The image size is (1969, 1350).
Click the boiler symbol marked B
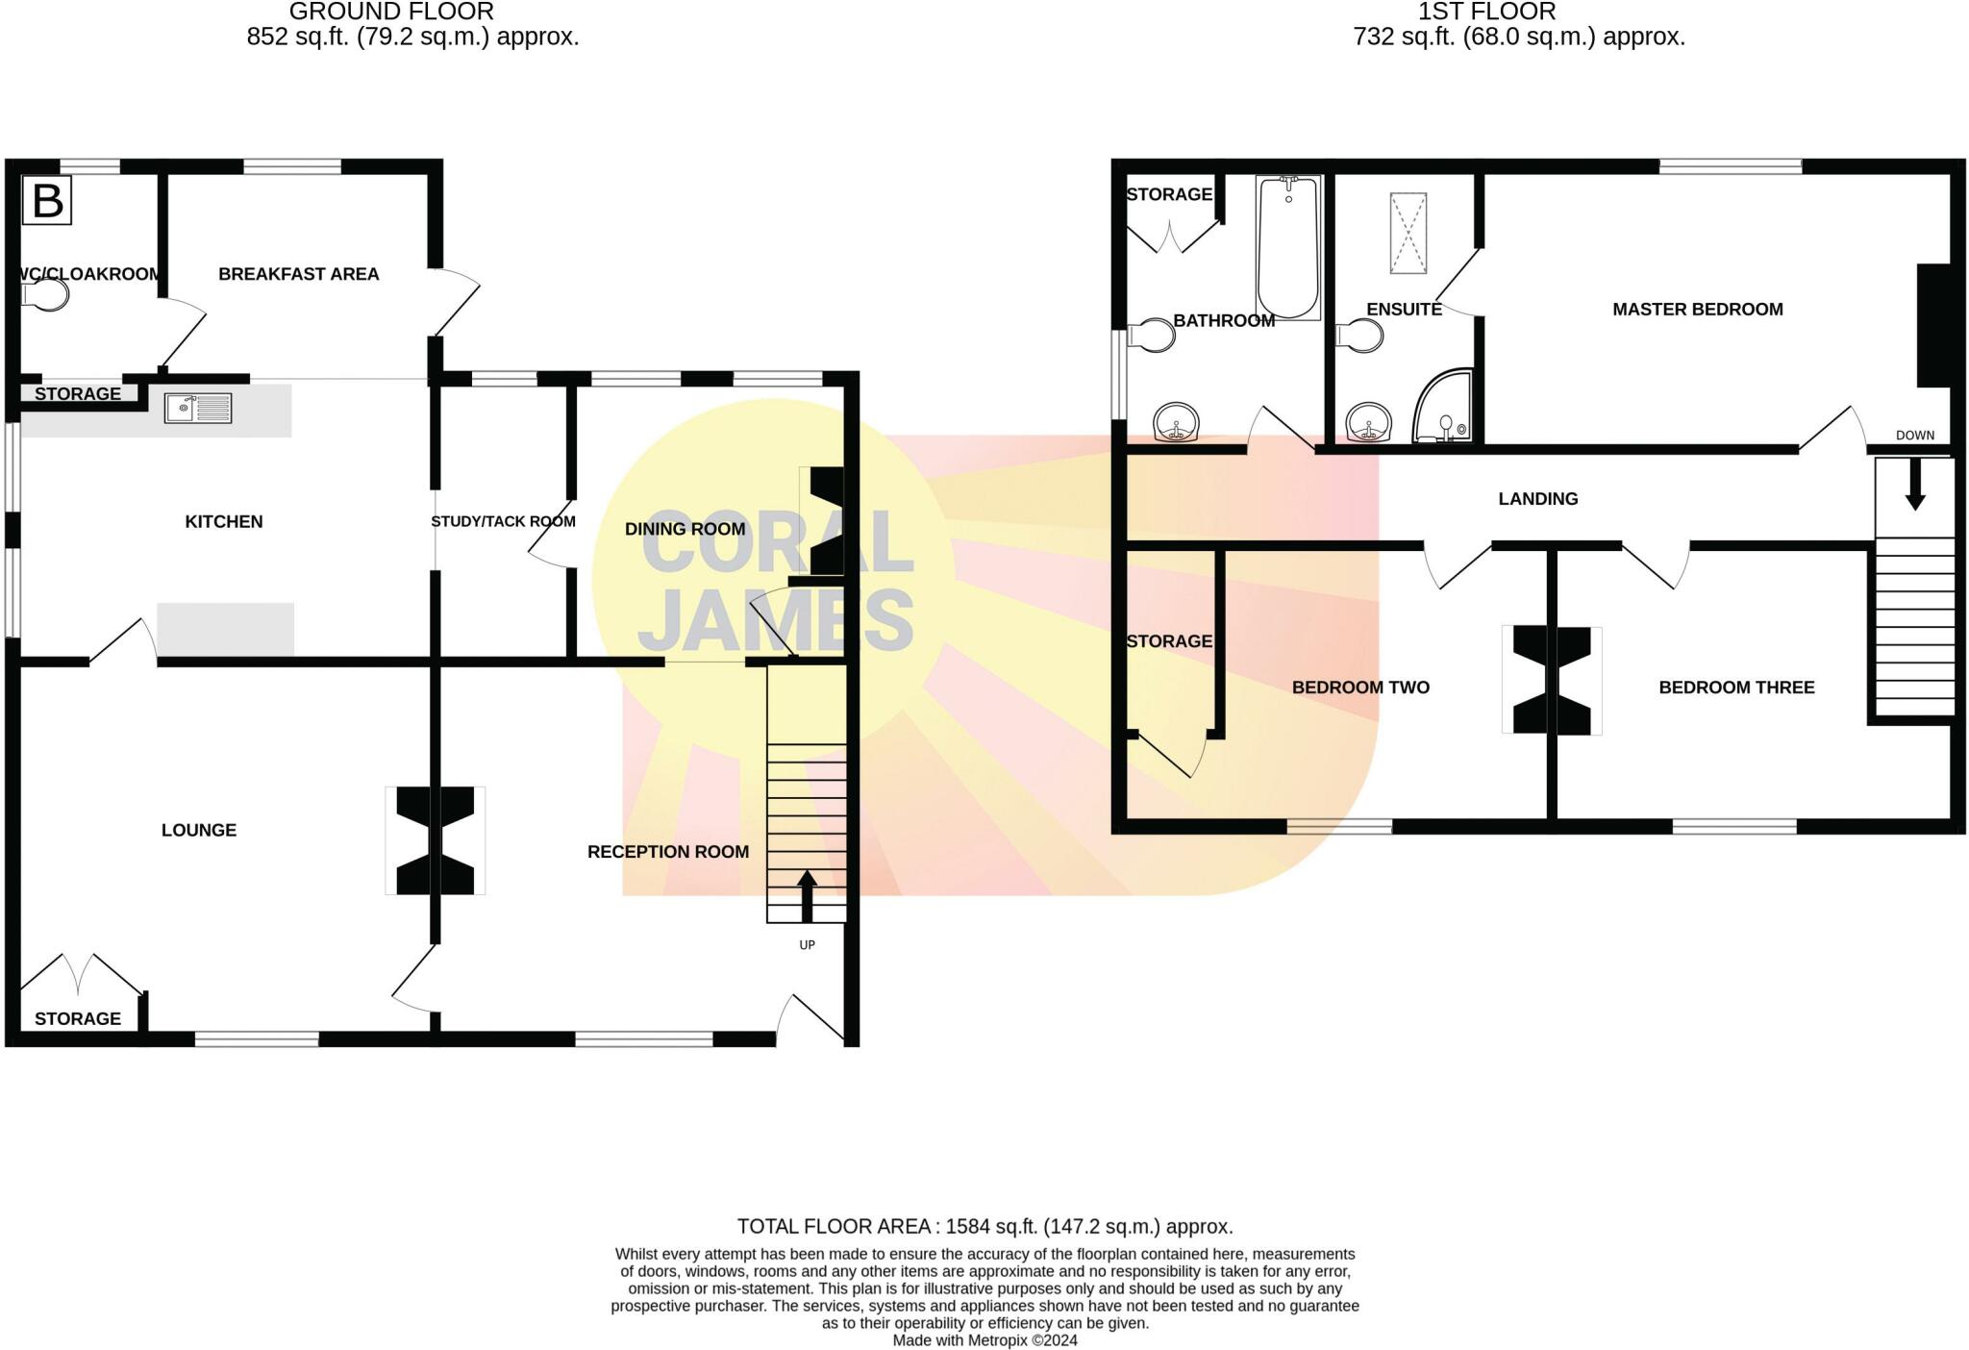47,201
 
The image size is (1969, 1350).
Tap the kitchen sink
198,408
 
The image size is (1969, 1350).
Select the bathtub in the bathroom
1288,248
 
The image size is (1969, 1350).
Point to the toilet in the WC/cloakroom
47,294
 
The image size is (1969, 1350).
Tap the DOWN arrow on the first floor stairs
1914,484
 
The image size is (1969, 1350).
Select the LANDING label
1537,498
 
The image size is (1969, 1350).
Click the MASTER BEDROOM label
1697,309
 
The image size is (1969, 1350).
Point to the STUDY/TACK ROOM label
503,521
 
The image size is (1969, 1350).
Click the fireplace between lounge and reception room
435,840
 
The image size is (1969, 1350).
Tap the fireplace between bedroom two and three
1551,680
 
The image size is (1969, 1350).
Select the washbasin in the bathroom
1176,422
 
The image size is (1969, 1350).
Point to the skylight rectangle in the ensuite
1408,233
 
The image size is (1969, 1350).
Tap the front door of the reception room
810,1020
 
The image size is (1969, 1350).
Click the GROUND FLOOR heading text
391,12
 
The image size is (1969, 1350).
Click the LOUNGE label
198,830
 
